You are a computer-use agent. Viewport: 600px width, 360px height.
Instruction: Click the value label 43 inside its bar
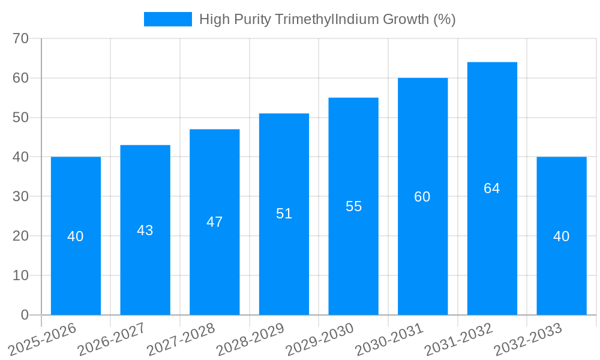point(145,230)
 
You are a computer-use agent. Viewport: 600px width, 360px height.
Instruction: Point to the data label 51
point(284,214)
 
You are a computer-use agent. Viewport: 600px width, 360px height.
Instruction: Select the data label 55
point(353,206)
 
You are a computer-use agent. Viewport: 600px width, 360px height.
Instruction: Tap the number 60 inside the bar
point(422,197)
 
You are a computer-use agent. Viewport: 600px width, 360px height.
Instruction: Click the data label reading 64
point(492,188)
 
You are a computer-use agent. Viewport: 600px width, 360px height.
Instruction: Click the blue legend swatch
point(167,19)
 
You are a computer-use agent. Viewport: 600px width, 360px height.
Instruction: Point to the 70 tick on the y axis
point(21,38)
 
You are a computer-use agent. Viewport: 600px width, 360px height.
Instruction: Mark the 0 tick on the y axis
point(25,315)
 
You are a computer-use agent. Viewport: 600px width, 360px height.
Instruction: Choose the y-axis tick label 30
point(21,196)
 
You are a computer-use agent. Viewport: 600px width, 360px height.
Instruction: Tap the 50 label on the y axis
point(21,118)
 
